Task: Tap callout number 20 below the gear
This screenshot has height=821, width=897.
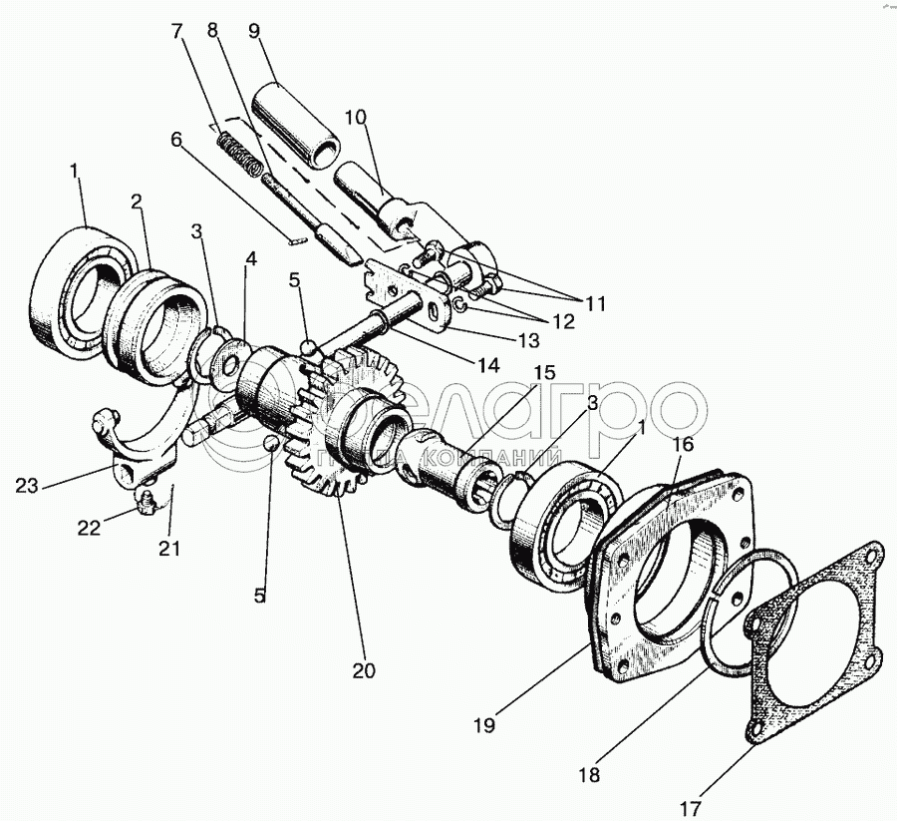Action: (364, 670)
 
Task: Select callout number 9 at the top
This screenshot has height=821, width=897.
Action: (255, 29)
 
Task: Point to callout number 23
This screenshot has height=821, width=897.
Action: (27, 487)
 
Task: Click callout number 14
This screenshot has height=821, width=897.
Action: (487, 365)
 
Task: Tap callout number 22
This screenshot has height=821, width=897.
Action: (90, 528)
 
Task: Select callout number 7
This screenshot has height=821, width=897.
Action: (178, 31)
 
